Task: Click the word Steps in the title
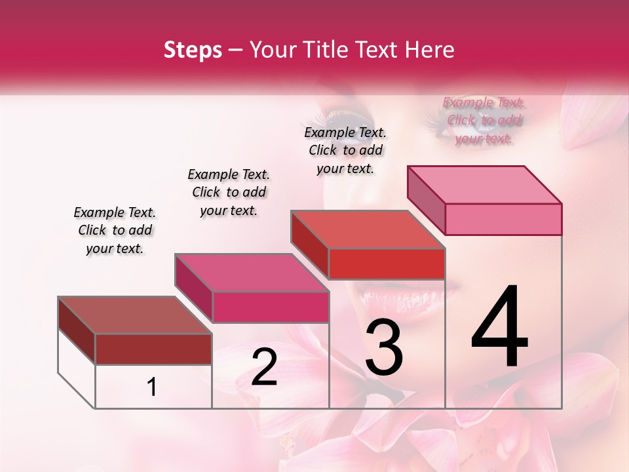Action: [x=193, y=50]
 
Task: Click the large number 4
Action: [x=500, y=328]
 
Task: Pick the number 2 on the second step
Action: [x=264, y=367]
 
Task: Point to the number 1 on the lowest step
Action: [x=152, y=387]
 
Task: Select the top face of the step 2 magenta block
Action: [x=252, y=273]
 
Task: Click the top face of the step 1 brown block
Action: [x=135, y=315]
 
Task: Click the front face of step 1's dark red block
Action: [x=153, y=349]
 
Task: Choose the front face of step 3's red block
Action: [x=387, y=264]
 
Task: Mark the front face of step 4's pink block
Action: [x=503, y=219]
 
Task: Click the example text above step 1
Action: [x=115, y=231]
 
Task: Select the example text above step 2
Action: [x=229, y=192]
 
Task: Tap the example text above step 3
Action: [x=345, y=150]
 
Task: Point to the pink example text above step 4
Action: [x=484, y=121]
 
